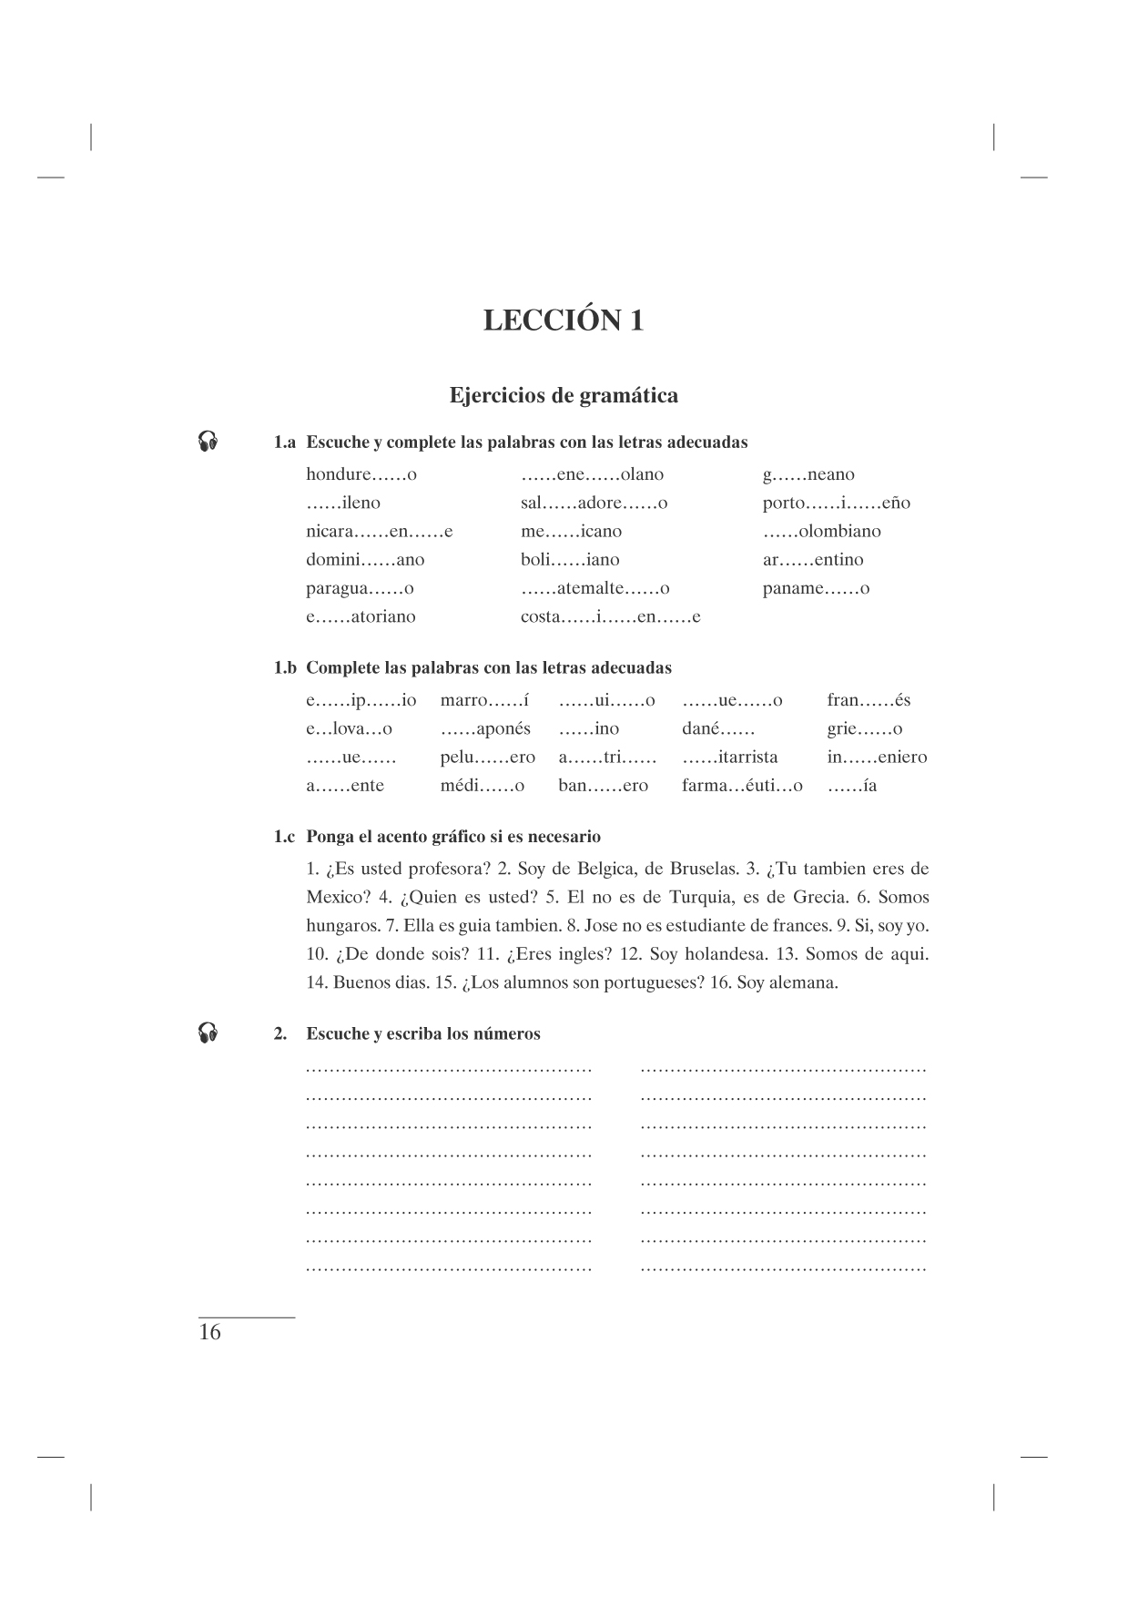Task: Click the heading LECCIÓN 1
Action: click(563, 320)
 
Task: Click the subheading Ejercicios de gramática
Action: click(564, 396)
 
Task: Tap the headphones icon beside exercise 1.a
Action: click(208, 442)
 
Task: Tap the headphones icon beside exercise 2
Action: click(208, 1032)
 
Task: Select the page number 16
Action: click(209, 1333)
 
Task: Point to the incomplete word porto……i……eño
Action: click(836, 504)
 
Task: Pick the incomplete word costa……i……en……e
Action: click(610, 616)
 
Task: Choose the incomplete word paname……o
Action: click(816, 588)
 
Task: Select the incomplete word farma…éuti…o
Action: click(742, 786)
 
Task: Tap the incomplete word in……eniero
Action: click(877, 757)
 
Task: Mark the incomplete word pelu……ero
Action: click(487, 757)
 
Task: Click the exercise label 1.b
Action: click(285, 667)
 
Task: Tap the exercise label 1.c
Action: click(285, 836)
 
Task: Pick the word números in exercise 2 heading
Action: click(505, 1033)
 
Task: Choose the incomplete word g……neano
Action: click(808, 474)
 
